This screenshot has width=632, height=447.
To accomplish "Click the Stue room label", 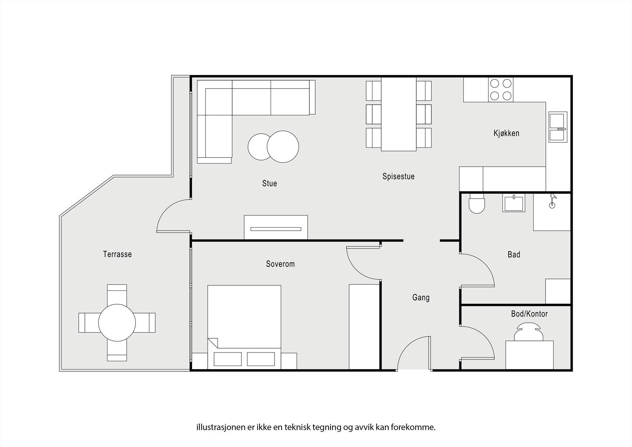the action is pos(269,183).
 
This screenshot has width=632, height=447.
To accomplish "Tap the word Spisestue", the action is pos(399,177).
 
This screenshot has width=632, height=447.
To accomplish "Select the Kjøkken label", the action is pos(506,133).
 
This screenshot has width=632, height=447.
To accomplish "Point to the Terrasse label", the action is pos(117,254).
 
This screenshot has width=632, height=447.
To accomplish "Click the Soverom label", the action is pos(280,264).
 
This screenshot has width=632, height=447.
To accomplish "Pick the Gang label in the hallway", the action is pos(421,298).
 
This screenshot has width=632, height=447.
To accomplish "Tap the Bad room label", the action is pos(514,255).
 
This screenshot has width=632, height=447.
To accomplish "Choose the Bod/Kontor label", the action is pos(529,314).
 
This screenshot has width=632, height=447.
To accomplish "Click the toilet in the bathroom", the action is pos(476,204).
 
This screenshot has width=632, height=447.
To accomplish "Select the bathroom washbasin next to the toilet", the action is pos(514,203).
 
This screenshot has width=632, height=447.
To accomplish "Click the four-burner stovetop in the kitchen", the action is pos(501,90).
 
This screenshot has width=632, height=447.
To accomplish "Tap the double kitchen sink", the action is pos(558,127).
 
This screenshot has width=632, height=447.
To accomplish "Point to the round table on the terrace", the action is pos(117,323).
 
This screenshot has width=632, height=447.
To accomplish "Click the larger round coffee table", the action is pos(283,147).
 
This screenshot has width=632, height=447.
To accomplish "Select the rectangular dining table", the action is pos(399,114).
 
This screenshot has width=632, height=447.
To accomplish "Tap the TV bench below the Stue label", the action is pos(276,227).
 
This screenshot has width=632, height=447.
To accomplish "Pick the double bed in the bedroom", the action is pos(244,327).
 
